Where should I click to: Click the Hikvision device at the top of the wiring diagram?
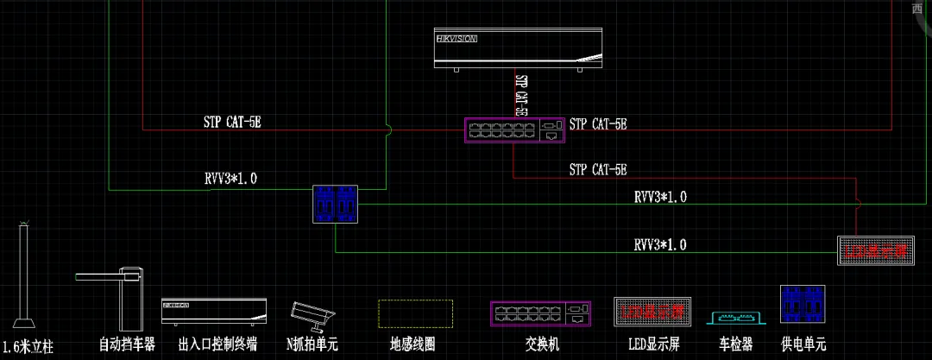pos(519,48)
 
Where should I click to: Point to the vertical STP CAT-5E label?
pos(520,94)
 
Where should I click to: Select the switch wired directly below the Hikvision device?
pos(514,129)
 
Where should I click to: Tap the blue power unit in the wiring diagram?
pos(335,204)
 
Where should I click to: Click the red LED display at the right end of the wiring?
pos(875,250)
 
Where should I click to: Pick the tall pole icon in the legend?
pos(24,276)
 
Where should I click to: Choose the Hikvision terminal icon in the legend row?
pos(213,312)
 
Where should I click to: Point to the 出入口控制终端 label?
pos(217,345)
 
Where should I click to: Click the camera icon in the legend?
pos(310,315)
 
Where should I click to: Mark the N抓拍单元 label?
pos(312,345)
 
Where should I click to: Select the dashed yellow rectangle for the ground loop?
pos(415,314)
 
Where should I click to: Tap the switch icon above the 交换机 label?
pos(542,313)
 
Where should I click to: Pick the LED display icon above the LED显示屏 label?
pos(652,312)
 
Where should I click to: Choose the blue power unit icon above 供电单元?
pos(803,306)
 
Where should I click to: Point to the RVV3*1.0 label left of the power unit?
pos(230,180)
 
